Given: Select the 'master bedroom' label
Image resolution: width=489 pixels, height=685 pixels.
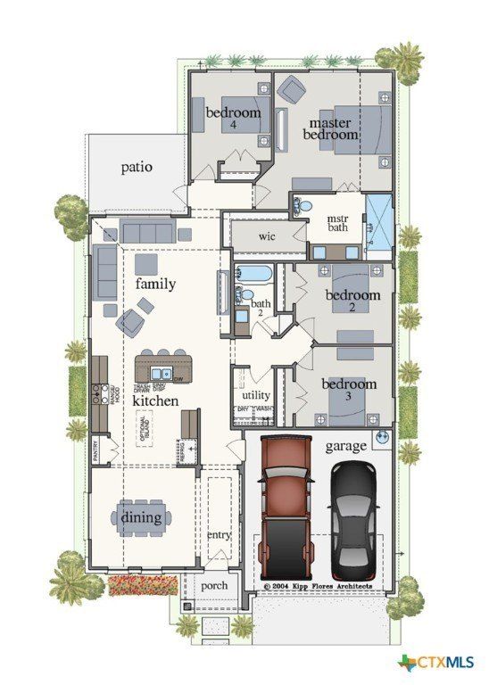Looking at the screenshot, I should click(331, 128).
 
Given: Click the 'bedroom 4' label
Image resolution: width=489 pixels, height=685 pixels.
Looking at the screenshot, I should click(234, 118).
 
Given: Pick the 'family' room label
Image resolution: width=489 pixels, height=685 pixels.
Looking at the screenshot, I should click(155, 284).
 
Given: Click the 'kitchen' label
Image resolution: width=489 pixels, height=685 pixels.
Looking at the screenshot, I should click(155, 401).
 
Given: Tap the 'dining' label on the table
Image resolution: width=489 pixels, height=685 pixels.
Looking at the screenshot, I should click(141, 517).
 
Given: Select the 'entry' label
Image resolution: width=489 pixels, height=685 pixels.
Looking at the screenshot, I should click(219, 535).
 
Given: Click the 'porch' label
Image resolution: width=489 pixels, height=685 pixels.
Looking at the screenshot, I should click(214, 585).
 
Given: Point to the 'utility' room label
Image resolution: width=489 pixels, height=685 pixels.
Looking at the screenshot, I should click(255, 395).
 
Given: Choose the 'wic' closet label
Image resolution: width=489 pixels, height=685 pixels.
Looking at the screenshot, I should click(266, 236).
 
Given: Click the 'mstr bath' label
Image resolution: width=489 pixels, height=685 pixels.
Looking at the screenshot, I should click(337, 223).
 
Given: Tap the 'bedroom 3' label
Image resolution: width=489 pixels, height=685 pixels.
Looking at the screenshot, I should click(349, 389).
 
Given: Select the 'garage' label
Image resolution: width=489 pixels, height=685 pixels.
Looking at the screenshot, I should click(346, 445).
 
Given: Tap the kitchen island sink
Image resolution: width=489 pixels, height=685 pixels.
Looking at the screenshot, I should click(162, 374).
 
